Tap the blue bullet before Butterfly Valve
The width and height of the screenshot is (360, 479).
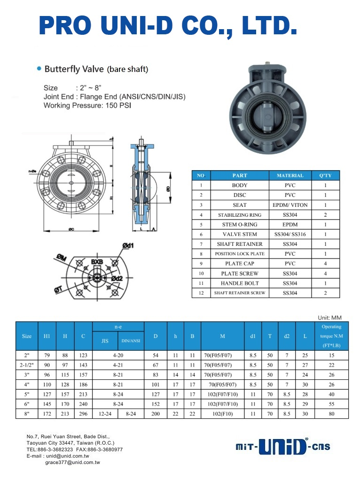(x=39, y=69)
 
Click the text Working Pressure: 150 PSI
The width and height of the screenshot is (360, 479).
(x=87, y=106)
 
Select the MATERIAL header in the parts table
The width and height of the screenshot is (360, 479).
(x=290, y=175)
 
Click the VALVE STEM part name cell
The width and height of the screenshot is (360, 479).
(x=240, y=234)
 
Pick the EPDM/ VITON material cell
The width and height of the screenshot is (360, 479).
(x=290, y=205)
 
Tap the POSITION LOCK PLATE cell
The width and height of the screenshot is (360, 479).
(x=240, y=254)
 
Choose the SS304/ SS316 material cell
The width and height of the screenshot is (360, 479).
(x=290, y=234)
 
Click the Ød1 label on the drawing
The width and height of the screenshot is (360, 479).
(x=128, y=245)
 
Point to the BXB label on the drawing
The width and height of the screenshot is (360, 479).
(x=97, y=262)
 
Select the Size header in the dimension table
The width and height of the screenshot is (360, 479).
(x=27, y=336)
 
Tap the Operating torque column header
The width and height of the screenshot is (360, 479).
(x=331, y=336)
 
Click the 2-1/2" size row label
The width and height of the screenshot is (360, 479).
(x=27, y=365)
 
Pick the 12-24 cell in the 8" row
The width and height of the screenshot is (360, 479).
(x=105, y=414)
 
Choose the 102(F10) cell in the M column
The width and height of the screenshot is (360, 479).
(x=224, y=414)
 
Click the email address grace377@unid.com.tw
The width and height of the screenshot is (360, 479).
(x=72, y=463)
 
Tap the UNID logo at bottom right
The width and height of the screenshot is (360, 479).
(x=282, y=447)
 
